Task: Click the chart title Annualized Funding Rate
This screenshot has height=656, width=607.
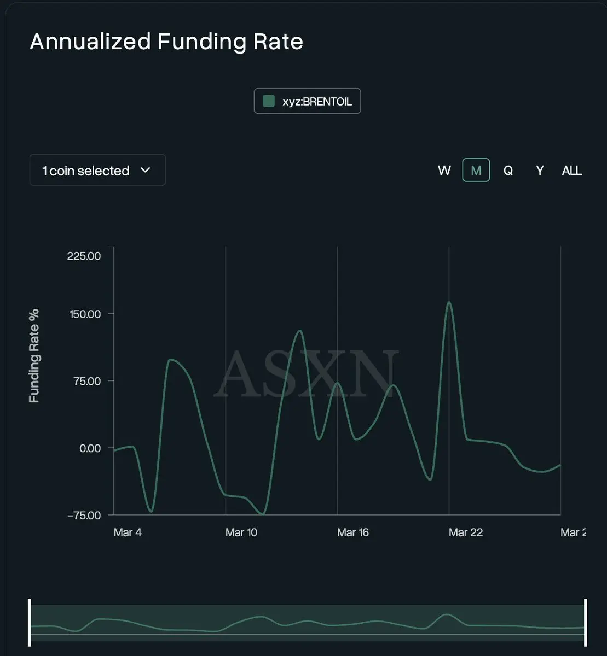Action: pos(166,42)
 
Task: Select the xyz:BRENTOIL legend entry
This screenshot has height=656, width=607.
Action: pos(307,101)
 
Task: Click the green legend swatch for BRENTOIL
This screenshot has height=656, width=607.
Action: pos(269,101)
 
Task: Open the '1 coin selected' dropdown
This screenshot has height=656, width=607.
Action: pos(97,171)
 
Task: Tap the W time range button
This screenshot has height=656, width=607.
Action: pos(444,171)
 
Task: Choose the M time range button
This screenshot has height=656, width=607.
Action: pos(476,171)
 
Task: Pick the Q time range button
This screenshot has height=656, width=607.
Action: pos(508,171)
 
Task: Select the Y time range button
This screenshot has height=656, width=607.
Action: pos(540,171)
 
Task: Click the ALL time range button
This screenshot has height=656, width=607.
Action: pos(572,171)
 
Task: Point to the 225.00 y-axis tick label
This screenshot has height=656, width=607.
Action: pos(84,256)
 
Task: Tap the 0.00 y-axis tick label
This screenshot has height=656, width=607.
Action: pos(90,448)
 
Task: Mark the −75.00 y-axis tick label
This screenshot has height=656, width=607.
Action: pos(83,515)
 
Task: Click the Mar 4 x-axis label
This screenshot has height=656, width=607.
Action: pos(128,532)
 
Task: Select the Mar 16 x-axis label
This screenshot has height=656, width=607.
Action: pos(353,532)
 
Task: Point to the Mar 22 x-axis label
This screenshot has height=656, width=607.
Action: pos(466,532)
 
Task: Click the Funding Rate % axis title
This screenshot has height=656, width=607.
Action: pos(34,356)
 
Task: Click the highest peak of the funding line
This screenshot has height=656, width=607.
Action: pos(449,302)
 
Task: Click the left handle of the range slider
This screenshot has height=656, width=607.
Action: pos(30,622)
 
